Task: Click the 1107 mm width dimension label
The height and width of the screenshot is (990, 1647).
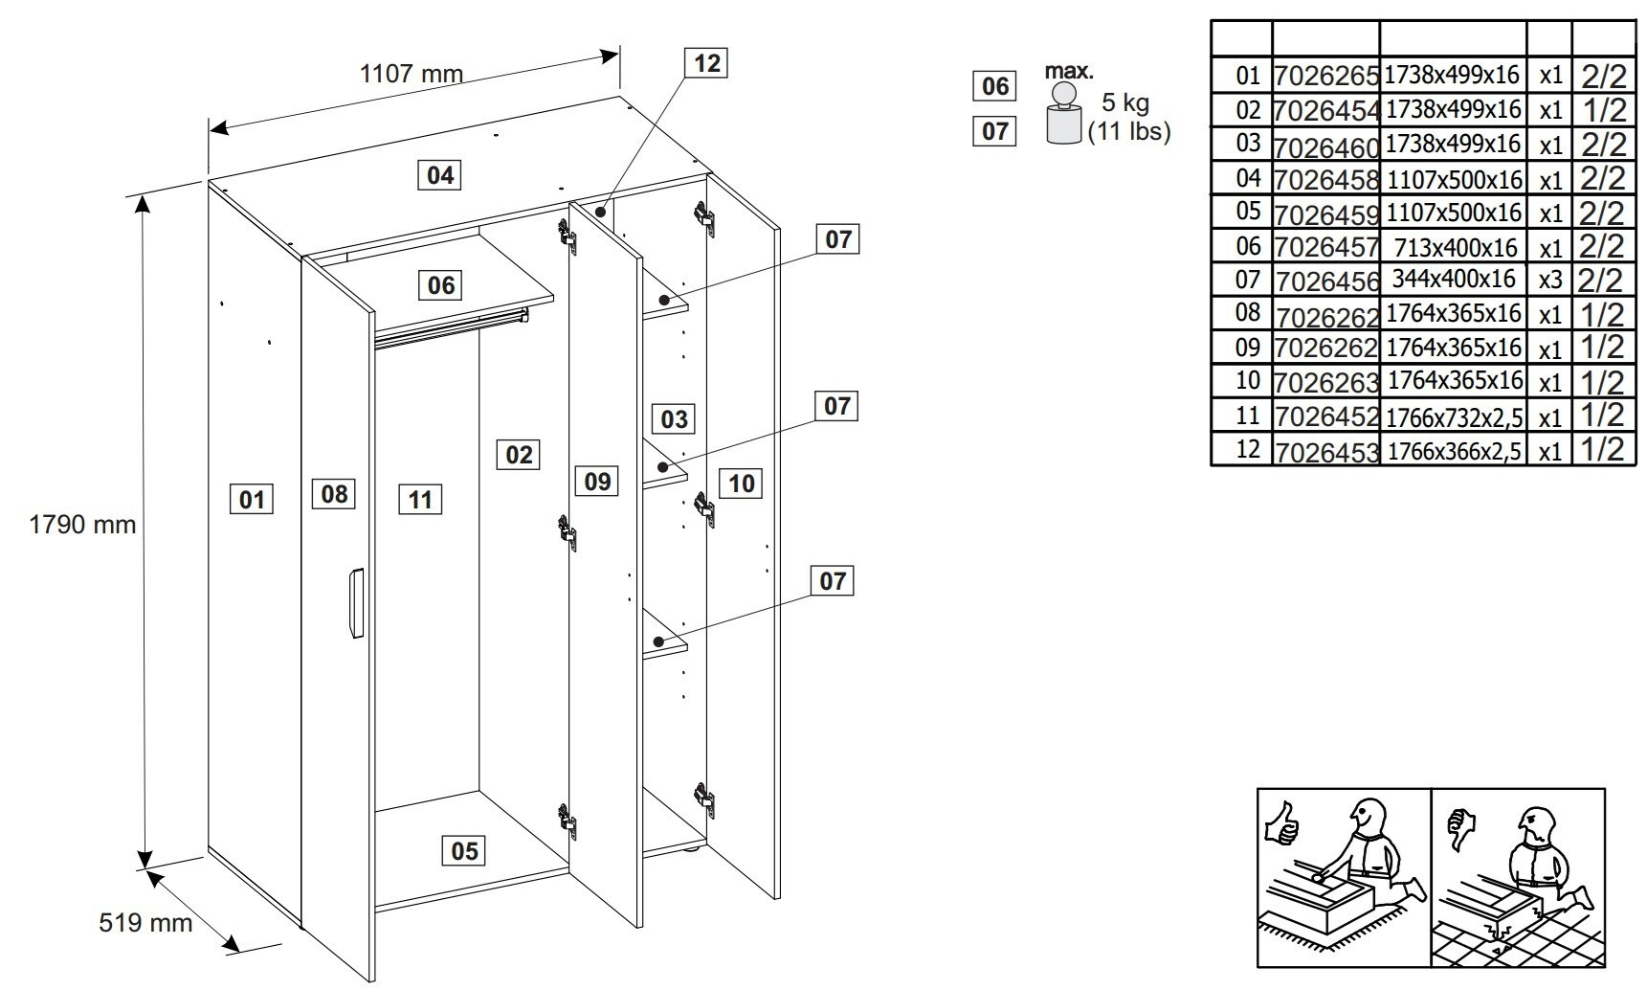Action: click(411, 74)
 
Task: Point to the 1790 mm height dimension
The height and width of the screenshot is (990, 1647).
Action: click(82, 525)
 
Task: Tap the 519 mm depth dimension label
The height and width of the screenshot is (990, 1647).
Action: click(145, 922)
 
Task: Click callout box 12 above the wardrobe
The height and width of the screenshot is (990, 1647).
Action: click(706, 63)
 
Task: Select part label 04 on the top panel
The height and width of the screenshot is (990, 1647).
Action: click(440, 175)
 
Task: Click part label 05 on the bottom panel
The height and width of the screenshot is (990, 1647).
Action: click(464, 850)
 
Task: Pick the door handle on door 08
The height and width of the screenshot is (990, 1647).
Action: click(355, 602)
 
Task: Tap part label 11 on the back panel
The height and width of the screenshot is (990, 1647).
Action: click(420, 499)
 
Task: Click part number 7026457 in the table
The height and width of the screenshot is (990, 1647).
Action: click(1325, 247)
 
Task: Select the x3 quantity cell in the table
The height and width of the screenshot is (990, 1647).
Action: click(1549, 281)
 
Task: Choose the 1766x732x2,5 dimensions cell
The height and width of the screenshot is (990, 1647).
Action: click(1454, 416)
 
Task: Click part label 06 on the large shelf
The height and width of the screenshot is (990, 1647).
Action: click(441, 284)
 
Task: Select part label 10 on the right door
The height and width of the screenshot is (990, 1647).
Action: click(742, 483)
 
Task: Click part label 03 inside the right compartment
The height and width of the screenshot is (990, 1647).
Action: click(674, 418)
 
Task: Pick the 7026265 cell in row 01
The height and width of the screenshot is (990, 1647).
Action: click(1325, 76)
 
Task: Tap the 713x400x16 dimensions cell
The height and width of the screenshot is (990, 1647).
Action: click(1454, 247)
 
